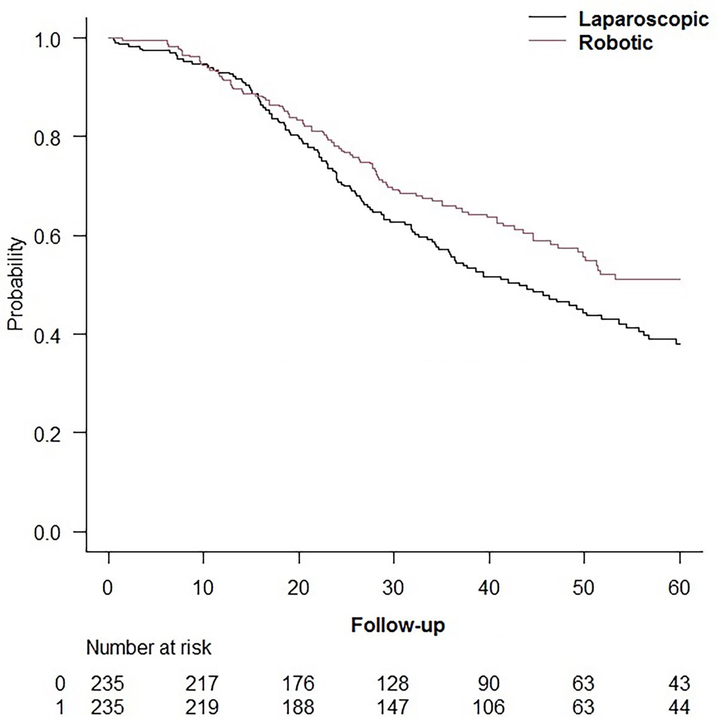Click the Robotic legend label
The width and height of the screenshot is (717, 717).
tap(616, 43)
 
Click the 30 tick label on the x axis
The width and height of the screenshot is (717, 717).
tap(394, 587)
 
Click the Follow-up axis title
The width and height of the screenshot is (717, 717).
tap(398, 626)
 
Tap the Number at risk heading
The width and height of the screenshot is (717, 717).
tap(149, 647)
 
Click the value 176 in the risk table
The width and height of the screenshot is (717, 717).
tap(299, 683)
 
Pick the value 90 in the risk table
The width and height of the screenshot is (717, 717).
tap(489, 683)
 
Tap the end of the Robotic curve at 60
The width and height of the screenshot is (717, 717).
tap(680, 279)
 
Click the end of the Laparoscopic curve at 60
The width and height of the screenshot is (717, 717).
tap(679, 344)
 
